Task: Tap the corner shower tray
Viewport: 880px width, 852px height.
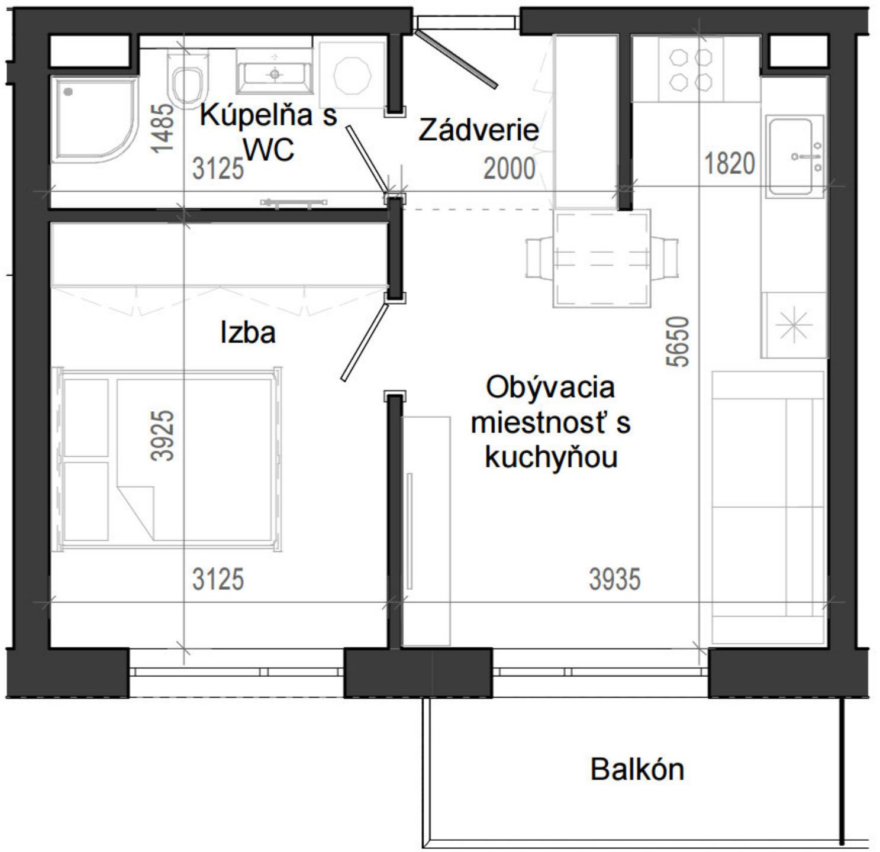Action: (x=92, y=118)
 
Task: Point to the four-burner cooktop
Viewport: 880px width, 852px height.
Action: (x=691, y=69)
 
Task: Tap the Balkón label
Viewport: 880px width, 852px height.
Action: (x=637, y=769)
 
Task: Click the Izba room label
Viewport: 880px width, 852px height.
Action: (x=248, y=333)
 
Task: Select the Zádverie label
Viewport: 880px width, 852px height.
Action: (x=479, y=130)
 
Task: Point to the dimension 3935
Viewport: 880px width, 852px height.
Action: (x=615, y=579)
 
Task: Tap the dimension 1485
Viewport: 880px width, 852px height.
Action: (x=163, y=128)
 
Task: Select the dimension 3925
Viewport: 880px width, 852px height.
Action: (x=163, y=435)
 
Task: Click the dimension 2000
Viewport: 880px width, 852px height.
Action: (x=510, y=169)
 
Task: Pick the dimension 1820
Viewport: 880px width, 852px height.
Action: (x=730, y=163)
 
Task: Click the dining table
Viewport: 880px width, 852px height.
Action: (x=601, y=259)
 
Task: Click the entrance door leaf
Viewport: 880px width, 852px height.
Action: (x=456, y=59)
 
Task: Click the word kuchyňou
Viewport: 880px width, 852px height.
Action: (x=551, y=457)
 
